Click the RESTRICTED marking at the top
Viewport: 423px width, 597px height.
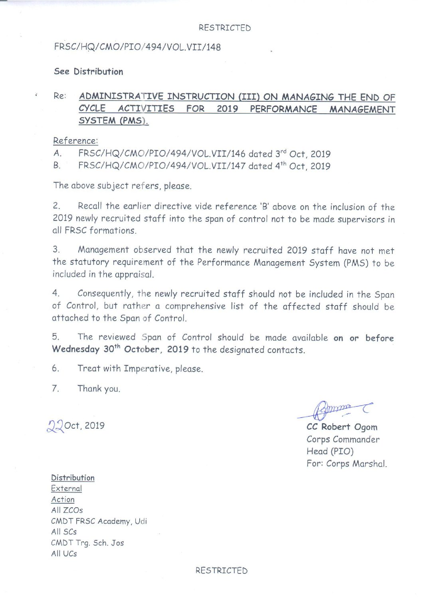coord(225,28)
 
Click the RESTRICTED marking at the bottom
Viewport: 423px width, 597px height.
coord(221,570)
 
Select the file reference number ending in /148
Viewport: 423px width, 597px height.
coord(137,47)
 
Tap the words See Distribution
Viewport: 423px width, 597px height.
coord(89,72)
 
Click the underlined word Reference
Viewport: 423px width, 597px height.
coord(75,141)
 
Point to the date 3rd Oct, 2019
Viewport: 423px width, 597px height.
coord(303,154)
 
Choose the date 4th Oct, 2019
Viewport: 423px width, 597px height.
coord(303,166)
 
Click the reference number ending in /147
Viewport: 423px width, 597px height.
coord(162,166)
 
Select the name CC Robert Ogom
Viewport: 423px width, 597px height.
coord(342,427)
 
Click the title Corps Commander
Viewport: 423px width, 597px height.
coord(343,439)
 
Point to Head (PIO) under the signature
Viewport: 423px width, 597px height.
coord(330,451)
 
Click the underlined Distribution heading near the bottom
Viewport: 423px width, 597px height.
coord(73,478)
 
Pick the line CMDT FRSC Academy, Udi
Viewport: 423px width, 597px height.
coord(99,521)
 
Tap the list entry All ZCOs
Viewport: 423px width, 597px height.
coord(67,510)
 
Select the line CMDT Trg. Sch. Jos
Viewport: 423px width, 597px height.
coord(87,543)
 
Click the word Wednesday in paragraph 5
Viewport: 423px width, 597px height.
coord(76,349)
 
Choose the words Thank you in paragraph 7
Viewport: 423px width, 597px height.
coord(99,388)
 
